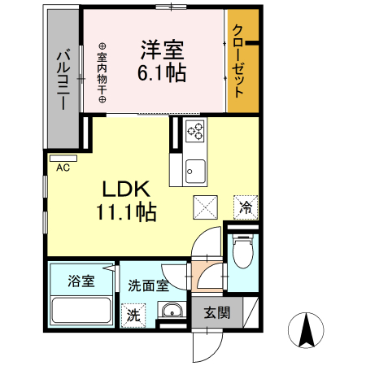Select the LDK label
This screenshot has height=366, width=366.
pos(124,190)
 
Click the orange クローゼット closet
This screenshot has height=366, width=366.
pos(237,62)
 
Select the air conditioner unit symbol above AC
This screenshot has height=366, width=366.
pos(63,157)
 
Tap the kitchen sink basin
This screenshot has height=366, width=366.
pos(195,170)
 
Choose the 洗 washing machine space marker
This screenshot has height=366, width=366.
pos(131,313)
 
